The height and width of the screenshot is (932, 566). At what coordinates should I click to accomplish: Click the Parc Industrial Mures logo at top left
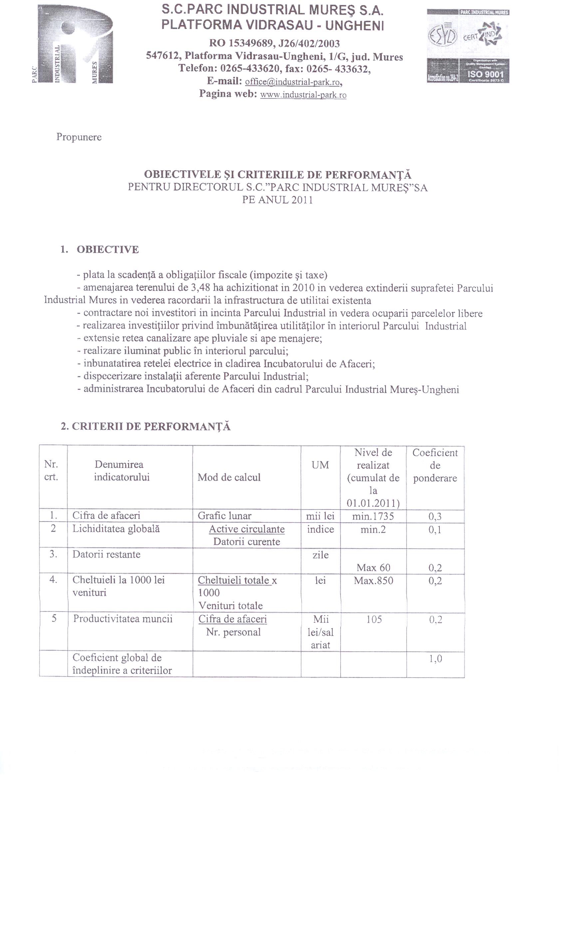(x=72, y=45)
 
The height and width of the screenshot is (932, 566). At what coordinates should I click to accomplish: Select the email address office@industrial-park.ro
(x=293, y=82)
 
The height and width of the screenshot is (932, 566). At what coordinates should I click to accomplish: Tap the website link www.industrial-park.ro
(x=303, y=95)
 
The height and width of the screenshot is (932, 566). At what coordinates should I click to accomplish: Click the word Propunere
(x=79, y=137)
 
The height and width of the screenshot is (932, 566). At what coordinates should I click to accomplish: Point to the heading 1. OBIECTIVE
(x=100, y=250)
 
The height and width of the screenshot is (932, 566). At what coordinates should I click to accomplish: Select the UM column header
(x=320, y=465)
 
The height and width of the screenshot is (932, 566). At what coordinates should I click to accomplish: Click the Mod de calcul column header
(x=229, y=477)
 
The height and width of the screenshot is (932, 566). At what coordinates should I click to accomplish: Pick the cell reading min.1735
(x=373, y=516)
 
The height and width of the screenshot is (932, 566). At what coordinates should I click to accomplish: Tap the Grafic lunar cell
(x=224, y=516)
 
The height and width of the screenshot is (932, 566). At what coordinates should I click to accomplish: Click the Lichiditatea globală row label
(x=116, y=529)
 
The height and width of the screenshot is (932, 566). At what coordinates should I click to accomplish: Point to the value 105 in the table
(x=374, y=619)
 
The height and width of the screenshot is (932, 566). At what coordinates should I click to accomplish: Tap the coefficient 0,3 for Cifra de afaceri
(x=435, y=517)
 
